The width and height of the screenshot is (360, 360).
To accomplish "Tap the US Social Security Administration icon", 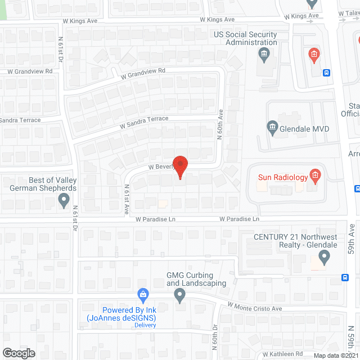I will [263, 54].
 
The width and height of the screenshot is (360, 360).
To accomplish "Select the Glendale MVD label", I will [304, 129].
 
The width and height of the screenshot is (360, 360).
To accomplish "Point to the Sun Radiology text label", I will [283, 178].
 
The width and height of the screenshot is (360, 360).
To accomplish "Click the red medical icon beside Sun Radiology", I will [315, 177].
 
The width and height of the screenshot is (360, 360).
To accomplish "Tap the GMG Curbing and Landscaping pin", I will [179, 294].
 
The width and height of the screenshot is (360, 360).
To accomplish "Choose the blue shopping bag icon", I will [143, 294].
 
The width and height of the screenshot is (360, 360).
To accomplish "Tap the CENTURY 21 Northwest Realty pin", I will [323, 258].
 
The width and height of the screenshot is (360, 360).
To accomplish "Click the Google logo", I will [18, 353].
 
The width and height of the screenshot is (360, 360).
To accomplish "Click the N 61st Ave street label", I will [127, 199].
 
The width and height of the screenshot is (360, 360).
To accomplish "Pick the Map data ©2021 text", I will [335, 355].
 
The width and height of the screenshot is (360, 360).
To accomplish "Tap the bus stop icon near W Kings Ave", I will [327, 72].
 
